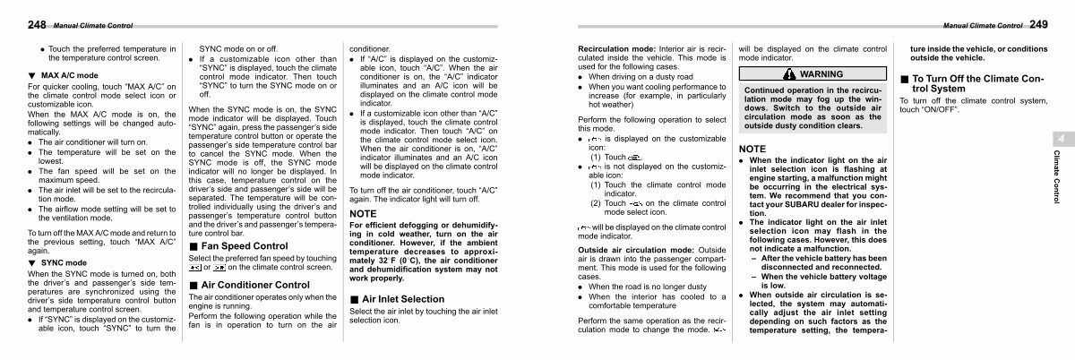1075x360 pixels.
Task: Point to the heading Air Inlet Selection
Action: point(402,298)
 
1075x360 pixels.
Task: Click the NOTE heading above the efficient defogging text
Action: point(363,214)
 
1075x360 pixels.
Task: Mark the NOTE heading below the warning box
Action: point(752,148)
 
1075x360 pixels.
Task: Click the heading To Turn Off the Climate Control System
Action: point(972,83)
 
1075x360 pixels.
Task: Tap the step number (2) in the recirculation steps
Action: point(596,203)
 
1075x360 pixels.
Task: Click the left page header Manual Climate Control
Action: point(90,26)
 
